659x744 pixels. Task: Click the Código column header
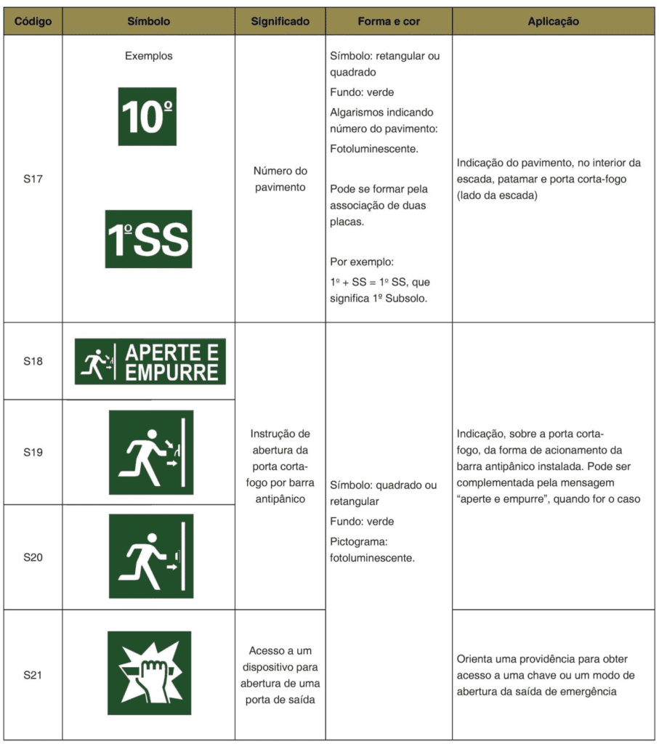[33, 21]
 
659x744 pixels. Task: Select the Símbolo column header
[148, 21]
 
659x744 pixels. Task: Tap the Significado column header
[280, 21]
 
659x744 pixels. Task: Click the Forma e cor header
[389, 21]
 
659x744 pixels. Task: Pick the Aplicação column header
[553, 21]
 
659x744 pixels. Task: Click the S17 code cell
[33, 179]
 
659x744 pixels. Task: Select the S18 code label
[33, 361]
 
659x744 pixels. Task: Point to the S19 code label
[33, 452]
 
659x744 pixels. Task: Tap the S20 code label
[33, 557]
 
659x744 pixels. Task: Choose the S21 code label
[33, 675]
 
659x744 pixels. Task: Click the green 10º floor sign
[147, 116]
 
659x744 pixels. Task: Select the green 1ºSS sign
[148, 239]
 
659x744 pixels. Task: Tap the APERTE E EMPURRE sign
[150, 361]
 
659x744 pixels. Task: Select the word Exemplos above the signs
[148, 56]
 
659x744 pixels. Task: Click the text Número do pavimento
[280, 179]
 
